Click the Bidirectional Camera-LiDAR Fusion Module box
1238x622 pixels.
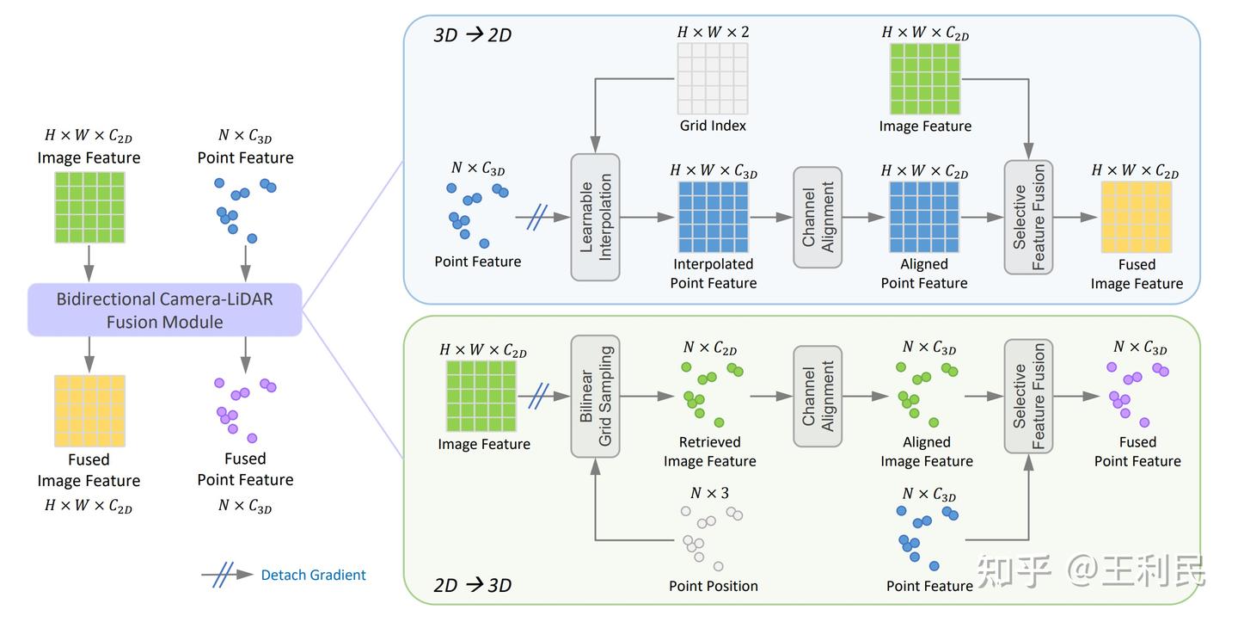164,311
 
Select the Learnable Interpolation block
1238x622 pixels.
595,217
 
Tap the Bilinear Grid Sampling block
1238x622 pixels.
595,396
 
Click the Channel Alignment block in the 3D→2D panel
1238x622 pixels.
817,217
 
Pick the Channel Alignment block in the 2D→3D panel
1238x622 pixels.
817,396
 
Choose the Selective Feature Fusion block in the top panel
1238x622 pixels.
1028,217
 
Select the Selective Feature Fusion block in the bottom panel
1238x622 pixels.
1028,396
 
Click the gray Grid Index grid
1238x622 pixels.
713,78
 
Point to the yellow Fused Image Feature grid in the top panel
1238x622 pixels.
1136,217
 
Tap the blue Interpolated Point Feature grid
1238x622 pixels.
713,217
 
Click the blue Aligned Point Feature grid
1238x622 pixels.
924,217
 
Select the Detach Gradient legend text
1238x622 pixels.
313,576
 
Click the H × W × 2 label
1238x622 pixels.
713,33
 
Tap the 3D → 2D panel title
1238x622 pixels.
472,35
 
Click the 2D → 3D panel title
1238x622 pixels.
472,586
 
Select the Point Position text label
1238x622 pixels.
713,586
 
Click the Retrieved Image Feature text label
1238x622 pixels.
709,452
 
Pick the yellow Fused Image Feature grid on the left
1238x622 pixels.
89,410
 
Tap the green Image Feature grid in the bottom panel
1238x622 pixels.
481,396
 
